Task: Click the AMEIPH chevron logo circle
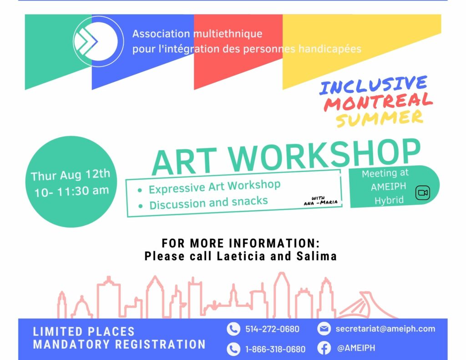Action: coord(98,41)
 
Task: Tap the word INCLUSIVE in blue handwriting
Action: coord(374,85)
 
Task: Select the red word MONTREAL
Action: coord(378,102)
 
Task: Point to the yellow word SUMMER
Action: coord(380,118)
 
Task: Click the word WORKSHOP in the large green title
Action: coord(325,156)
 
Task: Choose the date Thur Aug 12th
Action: coord(71,175)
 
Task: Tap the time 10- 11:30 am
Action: coord(71,191)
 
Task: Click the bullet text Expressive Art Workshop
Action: coord(215,187)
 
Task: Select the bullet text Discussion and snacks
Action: coord(208,203)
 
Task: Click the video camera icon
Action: coord(422,193)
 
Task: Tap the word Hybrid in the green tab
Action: coord(389,200)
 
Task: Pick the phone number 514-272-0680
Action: coord(272,329)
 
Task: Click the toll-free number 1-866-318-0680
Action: coord(275,349)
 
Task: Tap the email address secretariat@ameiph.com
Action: coord(385,329)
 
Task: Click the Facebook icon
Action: coord(324,348)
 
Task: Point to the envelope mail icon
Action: coord(324,329)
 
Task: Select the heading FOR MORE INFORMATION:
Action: coord(241,243)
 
